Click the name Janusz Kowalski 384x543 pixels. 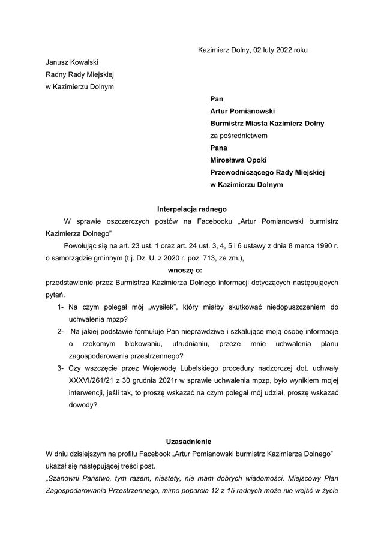pos(72,62)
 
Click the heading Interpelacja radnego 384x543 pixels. pos(191,210)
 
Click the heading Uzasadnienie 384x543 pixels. pos(191,441)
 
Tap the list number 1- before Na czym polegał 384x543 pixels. pos(61,307)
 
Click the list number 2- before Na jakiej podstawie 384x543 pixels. pos(61,331)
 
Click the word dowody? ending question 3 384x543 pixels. pos(82,405)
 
